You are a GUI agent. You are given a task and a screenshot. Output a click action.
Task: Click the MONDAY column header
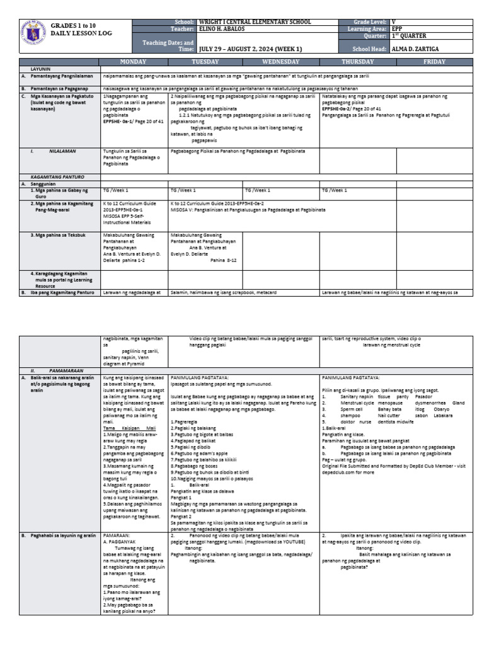pos(134,62)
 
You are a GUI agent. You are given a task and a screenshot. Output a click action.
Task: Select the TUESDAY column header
pos(205,62)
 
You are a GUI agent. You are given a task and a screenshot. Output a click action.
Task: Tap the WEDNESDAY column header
pos(282,62)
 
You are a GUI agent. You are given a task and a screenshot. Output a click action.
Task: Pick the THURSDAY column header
pos(357,62)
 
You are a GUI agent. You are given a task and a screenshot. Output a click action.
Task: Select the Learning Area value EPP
pos(397,29)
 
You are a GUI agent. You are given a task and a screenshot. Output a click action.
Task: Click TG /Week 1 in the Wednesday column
pos(258,190)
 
